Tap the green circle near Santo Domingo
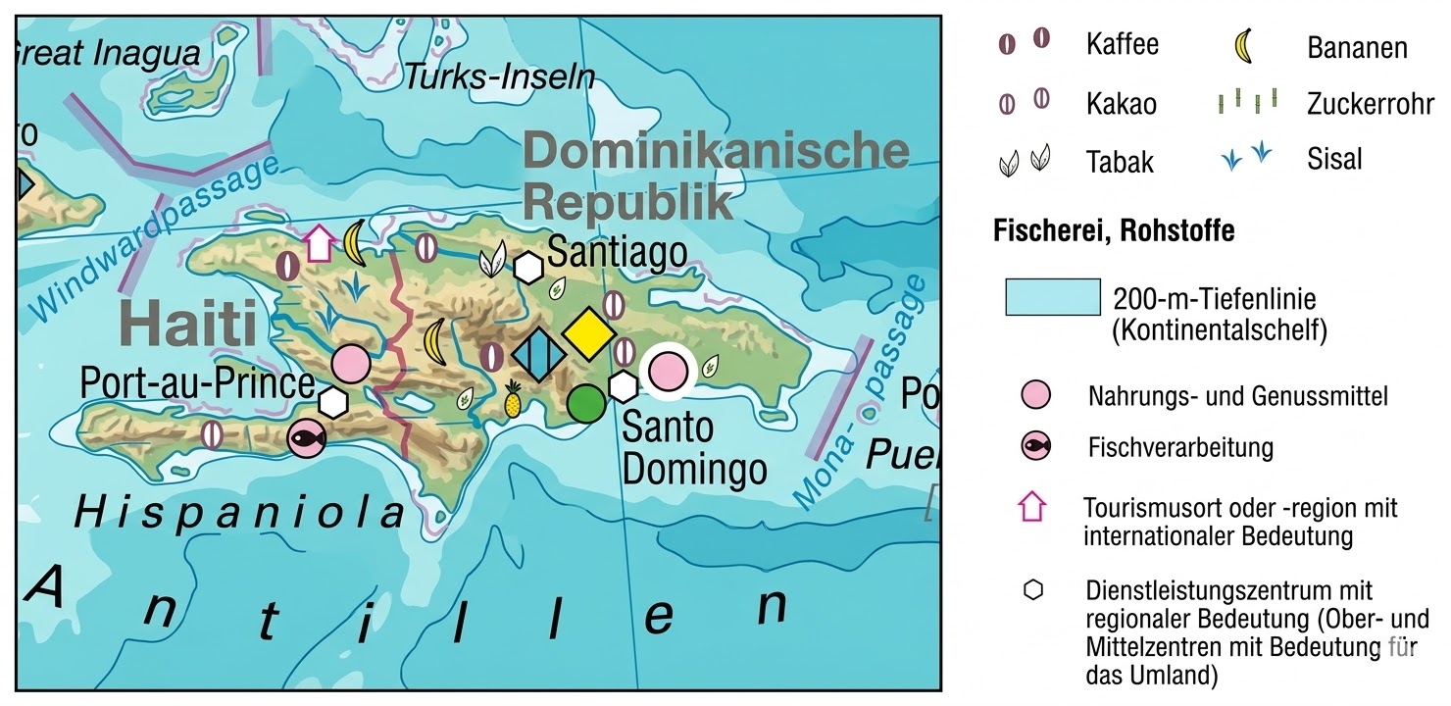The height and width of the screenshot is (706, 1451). coord(586,402)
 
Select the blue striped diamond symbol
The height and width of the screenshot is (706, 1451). coord(538,354)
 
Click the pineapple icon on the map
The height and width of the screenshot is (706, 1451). coord(512,399)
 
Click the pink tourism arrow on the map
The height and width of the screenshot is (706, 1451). coord(318,242)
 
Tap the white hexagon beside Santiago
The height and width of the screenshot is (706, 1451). coord(528,266)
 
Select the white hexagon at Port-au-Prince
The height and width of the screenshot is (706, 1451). coord(333,401)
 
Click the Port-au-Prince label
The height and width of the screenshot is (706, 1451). coord(197,383)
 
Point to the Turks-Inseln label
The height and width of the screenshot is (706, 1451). coord(500,76)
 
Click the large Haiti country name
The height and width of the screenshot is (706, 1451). coord(182,325)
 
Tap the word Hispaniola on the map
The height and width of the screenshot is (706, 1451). coord(240,512)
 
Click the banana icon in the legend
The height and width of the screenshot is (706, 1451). coord(1243,46)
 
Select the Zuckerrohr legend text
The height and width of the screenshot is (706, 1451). coord(1369,104)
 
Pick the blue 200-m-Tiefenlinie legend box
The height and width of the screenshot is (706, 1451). coord(1052,296)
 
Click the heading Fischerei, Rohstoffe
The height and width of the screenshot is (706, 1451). coord(1114,231)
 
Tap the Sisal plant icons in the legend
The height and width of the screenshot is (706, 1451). coord(1246,158)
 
